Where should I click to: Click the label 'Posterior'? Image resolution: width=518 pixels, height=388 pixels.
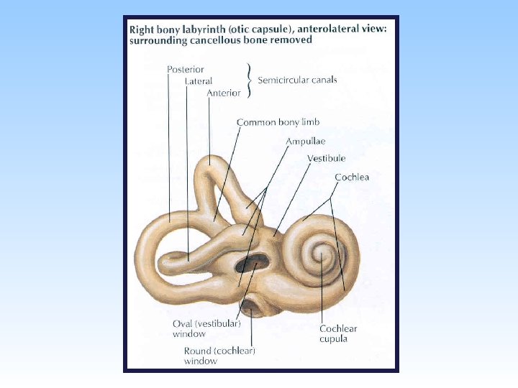coord(186,70)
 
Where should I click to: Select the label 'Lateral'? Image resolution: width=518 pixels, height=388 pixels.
coord(199,81)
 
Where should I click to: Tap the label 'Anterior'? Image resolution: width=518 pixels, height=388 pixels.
coord(224,93)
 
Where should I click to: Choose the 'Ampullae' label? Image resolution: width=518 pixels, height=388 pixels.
coord(305,142)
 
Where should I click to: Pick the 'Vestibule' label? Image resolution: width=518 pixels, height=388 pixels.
coord(326,158)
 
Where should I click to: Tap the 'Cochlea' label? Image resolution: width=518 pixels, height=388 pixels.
coord(352,176)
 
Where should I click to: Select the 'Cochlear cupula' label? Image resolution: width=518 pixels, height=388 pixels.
coord(338,333)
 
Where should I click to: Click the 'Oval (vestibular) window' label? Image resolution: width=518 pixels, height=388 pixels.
coord(206,328)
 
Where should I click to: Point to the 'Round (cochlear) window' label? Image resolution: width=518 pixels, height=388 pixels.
coord(219,356)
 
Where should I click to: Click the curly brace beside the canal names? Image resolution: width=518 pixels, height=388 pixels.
coord(250,80)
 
